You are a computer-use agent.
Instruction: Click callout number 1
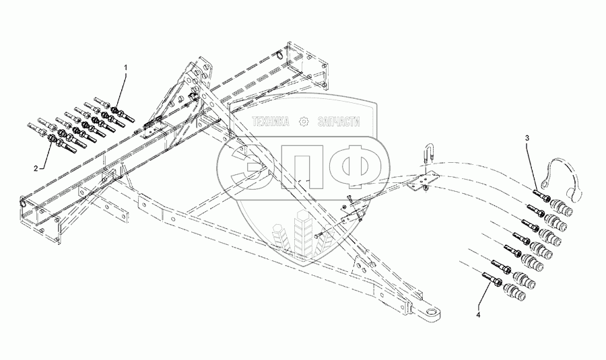(x=125, y=68)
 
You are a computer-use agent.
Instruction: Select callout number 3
(x=527, y=138)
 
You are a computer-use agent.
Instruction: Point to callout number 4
(x=479, y=314)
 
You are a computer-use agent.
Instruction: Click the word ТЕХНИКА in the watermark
(x=270, y=122)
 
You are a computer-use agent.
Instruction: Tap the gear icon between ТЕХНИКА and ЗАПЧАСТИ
(x=304, y=122)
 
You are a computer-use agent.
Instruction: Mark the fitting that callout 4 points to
(x=491, y=277)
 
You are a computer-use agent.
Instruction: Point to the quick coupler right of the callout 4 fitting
(x=519, y=289)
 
